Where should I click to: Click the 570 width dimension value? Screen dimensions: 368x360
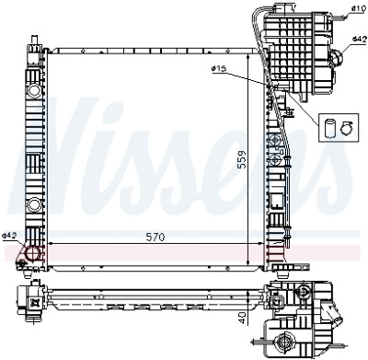[155, 237]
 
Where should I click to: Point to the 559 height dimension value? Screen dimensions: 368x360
[242, 158]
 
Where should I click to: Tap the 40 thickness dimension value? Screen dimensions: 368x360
[243, 318]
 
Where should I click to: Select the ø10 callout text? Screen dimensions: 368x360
[358, 8]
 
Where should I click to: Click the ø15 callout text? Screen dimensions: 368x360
[219, 68]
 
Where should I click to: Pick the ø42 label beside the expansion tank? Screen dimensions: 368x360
[360, 39]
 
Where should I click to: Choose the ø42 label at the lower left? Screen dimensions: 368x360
[9, 236]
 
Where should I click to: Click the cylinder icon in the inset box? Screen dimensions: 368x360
[329, 129]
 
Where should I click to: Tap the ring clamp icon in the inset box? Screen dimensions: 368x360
[347, 128]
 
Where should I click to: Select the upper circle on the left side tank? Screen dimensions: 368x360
[34, 90]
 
